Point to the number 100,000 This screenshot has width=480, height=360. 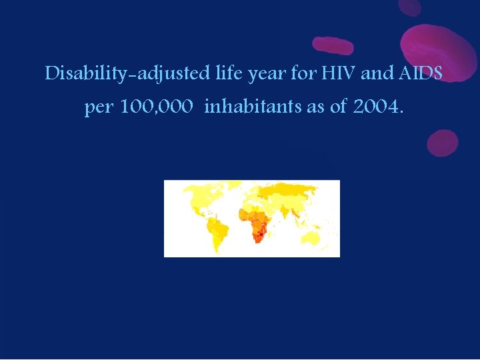[157, 107]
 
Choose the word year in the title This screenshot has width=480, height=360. [267, 74]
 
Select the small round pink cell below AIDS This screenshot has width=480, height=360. [442, 143]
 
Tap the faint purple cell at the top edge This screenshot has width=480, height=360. [409, 7]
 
